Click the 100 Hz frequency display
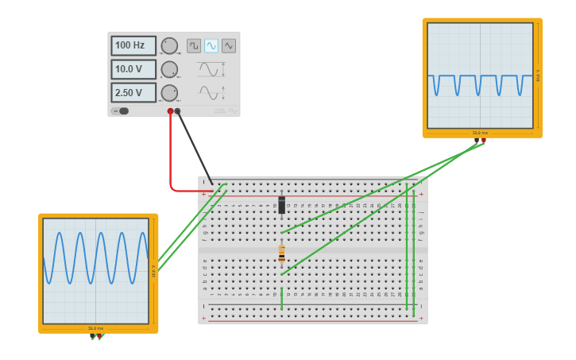133,45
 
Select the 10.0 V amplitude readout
133,69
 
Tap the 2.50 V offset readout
133,93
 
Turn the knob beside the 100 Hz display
169,45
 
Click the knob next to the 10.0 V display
169,69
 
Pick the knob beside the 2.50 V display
169,93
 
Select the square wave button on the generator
194,45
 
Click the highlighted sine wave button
211,45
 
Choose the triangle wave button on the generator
229,45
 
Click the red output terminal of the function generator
170,112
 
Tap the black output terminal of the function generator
178,112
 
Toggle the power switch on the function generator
122,111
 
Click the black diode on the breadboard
281,205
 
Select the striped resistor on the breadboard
281,254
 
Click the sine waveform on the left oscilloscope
95,257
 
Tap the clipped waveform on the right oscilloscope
479,83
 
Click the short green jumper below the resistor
281,300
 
